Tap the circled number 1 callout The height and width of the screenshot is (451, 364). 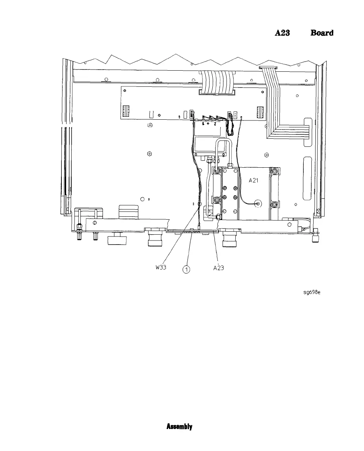(x=186, y=270)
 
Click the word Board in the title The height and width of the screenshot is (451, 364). (x=322, y=33)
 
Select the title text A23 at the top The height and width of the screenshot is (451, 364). (x=283, y=33)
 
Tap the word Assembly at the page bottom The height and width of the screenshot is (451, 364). (x=179, y=426)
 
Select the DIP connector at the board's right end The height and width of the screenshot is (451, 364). (x=261, y=111)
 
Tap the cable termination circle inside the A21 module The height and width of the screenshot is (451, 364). (x=258, y=204)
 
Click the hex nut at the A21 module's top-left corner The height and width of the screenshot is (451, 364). (x=217, y=171)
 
